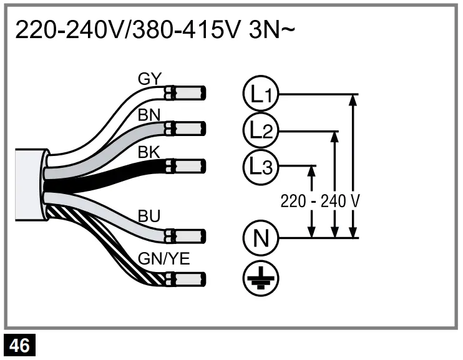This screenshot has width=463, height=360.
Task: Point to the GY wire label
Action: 150,79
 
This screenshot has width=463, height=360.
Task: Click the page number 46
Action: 20,345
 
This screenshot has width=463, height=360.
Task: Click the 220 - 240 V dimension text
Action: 320,202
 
